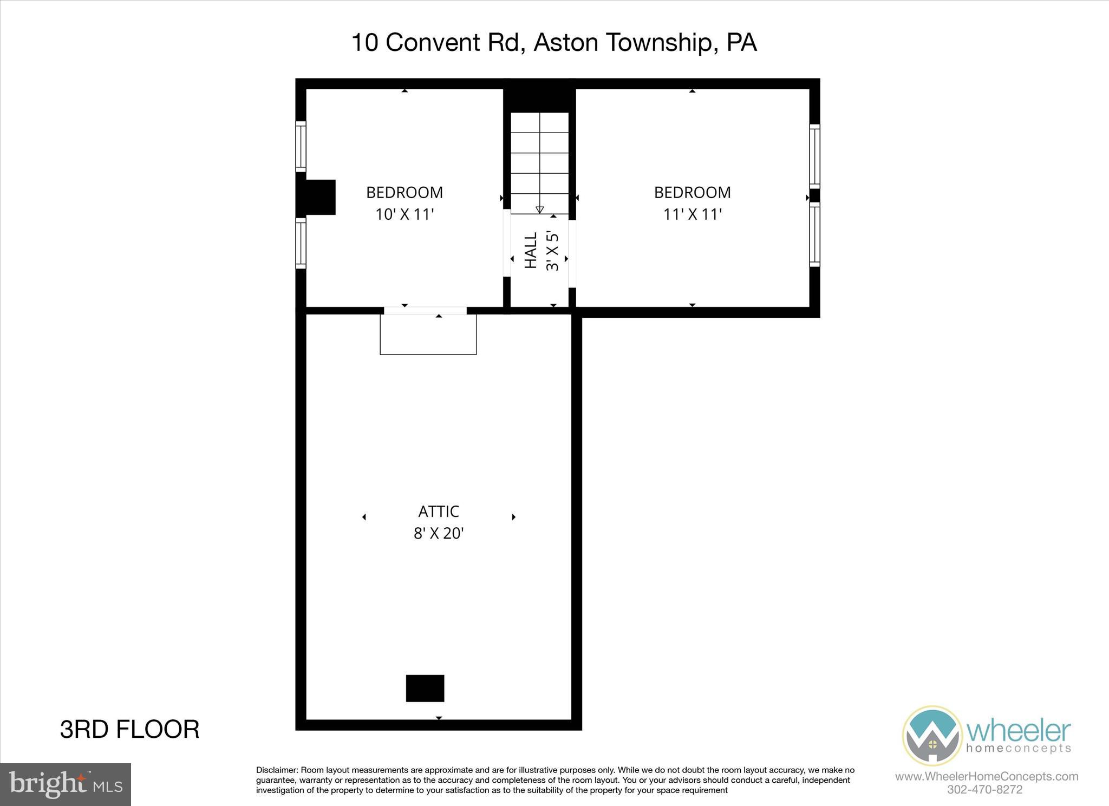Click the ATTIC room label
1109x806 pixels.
(x=438, y=512)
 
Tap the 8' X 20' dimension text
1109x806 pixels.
(x=438, y=534)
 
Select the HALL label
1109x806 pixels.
(x=531, y=251)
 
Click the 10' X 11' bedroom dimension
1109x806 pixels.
(x=405, y=215)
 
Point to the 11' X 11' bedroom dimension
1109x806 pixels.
(x=692, y=215)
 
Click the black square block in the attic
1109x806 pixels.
(x=425, y=688)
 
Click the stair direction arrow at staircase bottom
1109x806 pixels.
(x=539, y=209)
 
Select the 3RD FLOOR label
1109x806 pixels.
(x=129, y=730)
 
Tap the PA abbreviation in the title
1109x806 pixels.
(x=741, y=42)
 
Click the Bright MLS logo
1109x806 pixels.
(x=66, y=784)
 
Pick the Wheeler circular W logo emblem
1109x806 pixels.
(x=932, y=735)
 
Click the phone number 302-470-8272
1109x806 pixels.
(x=984, y=790)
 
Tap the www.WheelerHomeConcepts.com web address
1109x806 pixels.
(x=986, y=776)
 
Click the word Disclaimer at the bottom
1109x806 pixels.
(x=277, y=770)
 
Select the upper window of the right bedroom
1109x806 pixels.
(x=814, y=156)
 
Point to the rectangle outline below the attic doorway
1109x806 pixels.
(x=428, y=336)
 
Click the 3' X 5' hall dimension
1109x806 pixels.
(x=552, y=251)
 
